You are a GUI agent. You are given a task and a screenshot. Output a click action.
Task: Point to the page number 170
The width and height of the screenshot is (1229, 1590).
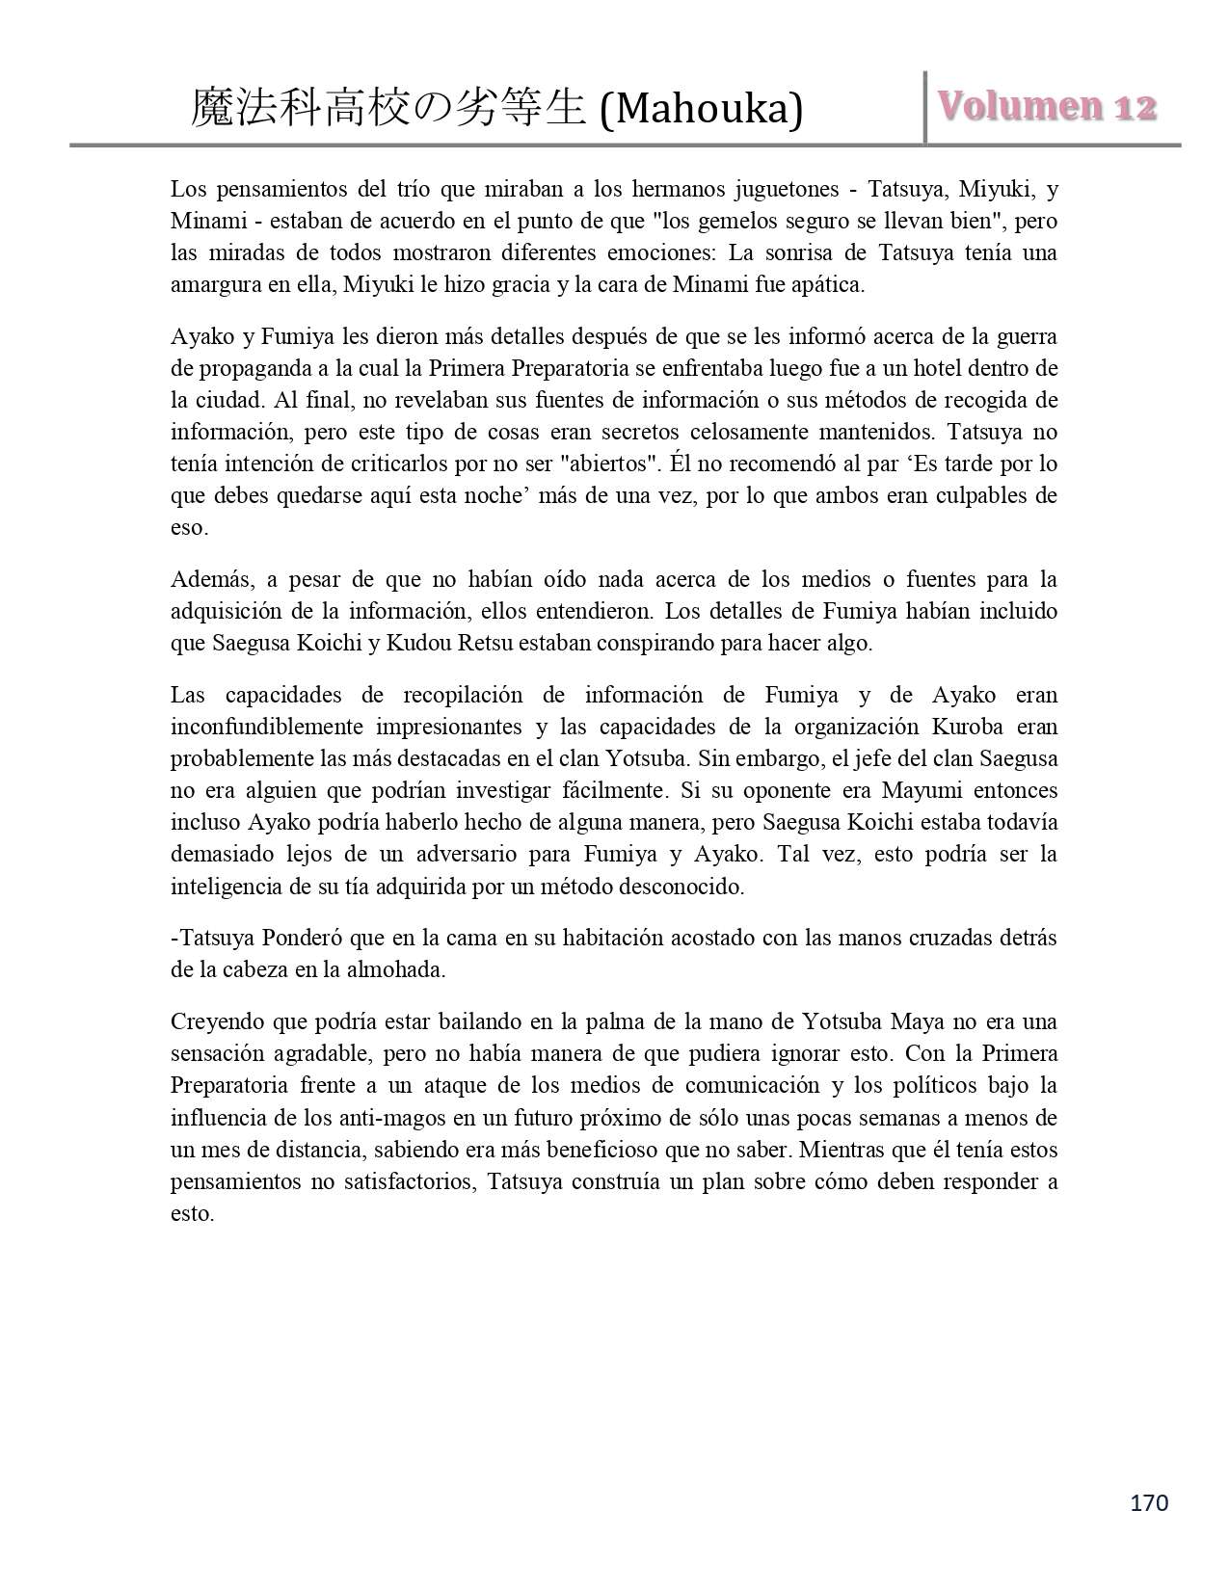[x=1148, y=1502]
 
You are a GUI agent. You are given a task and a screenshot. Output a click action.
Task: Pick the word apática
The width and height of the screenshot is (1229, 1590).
[x=829, y=284]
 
